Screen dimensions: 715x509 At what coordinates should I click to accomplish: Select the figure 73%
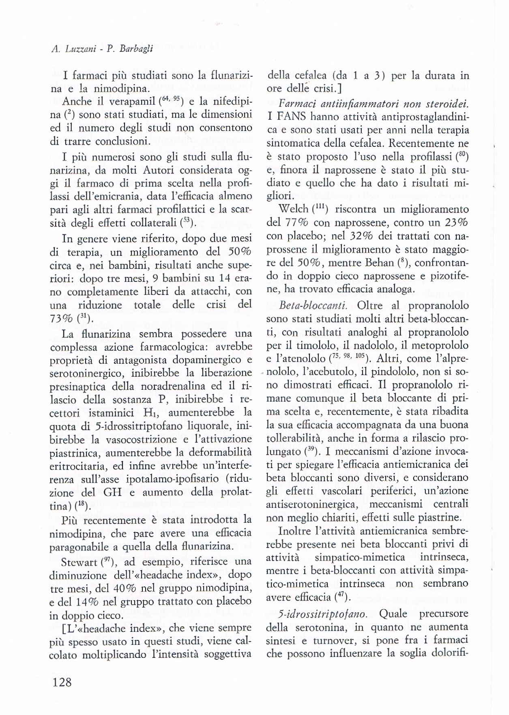pos(61,318)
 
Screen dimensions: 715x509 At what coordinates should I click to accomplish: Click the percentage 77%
pos(290,223)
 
